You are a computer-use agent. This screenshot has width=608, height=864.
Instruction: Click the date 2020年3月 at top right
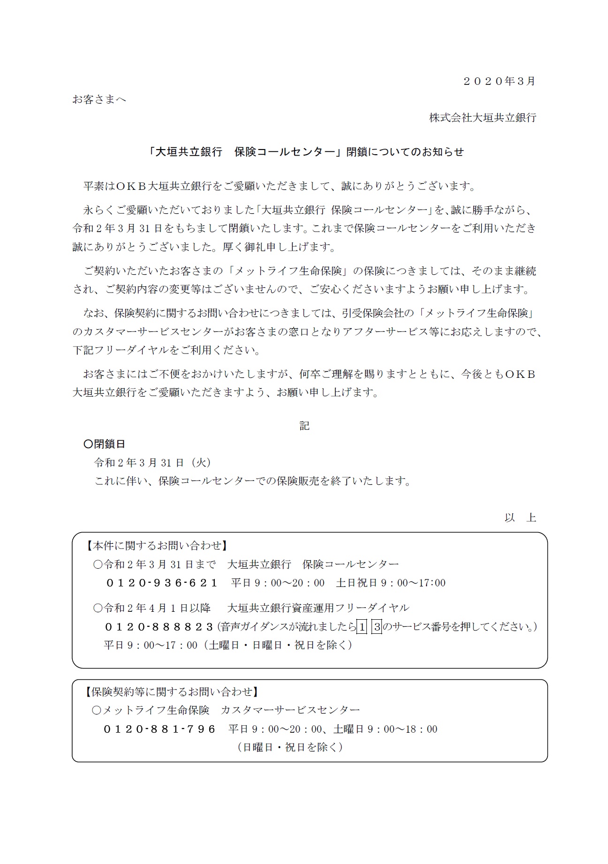point(499,81)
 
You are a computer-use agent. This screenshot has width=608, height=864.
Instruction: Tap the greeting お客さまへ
point(99,99)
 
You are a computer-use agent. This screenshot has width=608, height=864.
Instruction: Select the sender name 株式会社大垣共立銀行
point(483,118)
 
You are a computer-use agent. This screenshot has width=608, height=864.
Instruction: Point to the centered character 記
point(304,426)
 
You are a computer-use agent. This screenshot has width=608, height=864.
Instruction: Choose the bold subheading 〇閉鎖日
point(104,444)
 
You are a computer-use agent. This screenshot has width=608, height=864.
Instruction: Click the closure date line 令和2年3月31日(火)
point(153,463)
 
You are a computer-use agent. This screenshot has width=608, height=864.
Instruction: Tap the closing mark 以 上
point(520,518)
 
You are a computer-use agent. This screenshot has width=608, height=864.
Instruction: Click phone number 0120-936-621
point(162,583)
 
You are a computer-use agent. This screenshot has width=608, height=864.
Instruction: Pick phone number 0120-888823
point(160,627)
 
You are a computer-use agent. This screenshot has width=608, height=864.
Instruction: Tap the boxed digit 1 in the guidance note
point(362,627)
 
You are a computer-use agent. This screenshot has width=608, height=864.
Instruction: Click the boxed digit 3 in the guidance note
point(377,627)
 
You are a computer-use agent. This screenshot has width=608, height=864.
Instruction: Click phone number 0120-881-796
point(160,729)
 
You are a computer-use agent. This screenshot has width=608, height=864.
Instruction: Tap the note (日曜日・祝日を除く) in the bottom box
point(290,747)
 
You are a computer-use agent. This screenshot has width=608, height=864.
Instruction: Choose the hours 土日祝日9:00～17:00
point(391,583)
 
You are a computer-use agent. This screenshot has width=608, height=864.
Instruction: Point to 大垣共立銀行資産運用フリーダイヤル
point(318,608)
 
